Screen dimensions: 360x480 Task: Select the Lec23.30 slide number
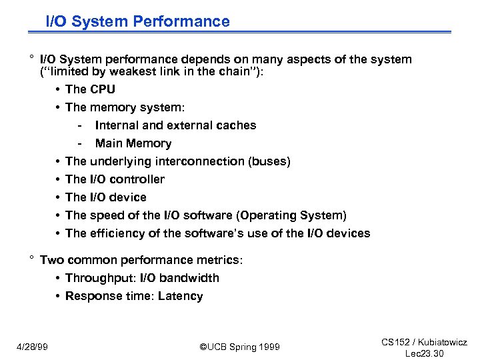424,353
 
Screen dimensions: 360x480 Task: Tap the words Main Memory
133,143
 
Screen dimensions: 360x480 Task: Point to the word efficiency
115,233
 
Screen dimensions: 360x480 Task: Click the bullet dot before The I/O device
59,197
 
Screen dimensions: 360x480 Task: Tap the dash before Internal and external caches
79,125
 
